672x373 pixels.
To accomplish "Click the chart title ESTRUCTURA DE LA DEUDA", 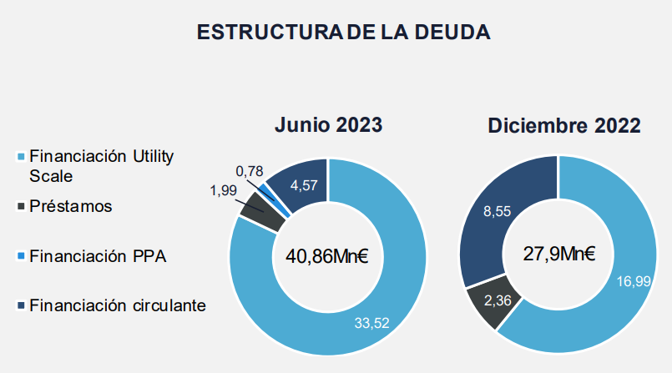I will (343, 33).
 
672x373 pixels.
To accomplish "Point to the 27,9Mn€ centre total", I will (559, 254).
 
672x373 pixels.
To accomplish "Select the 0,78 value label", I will (250, 171).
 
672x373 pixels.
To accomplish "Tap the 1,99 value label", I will (224, 191).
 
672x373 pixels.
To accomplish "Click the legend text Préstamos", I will (70, 205).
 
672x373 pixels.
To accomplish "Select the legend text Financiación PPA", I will (98, 256).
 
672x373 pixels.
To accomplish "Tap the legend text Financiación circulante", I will (117, 305).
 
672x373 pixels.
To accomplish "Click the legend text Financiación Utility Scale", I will (102, 166).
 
